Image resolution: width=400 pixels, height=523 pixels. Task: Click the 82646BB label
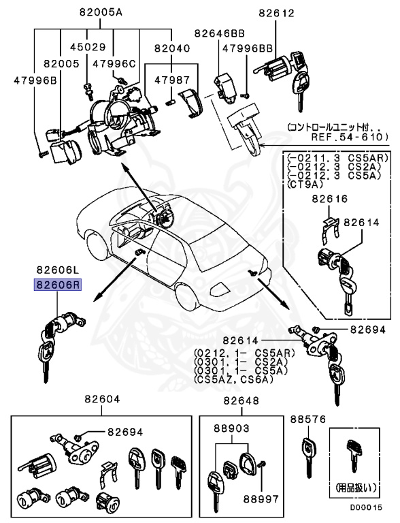click(x=220, y=33)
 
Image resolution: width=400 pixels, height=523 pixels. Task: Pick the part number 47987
click(x=171, y=80)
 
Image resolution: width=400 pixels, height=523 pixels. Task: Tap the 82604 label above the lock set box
click(x=103, y=400)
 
